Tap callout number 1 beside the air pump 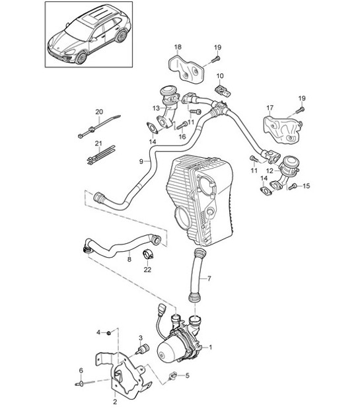(x=210, y=346)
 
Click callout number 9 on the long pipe (x=141, y=161)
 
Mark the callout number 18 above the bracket (x=177, y=48)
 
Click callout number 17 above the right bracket (x=270, y=107)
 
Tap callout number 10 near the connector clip (x=220, y=77)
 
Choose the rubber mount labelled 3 (x=141, y=350)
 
